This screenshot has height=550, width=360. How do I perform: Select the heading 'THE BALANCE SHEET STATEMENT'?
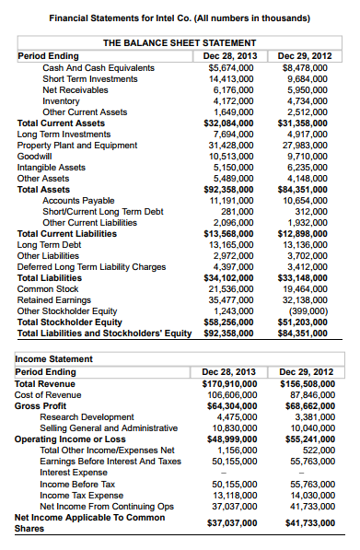[179, 43]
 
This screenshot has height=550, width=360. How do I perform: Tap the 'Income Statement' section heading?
[54, 357]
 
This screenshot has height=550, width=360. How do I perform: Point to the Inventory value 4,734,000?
[310, 100]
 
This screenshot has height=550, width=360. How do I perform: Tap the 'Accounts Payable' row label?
[78, 200]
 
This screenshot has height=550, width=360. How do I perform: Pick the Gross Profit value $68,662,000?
[309, 405]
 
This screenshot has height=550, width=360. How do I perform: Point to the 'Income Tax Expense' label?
[82, 494]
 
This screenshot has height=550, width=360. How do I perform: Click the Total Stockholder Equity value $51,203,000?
[309, 322]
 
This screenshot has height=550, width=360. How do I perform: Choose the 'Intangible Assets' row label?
[52, 167]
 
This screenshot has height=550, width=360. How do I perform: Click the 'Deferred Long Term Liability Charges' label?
[91, 266]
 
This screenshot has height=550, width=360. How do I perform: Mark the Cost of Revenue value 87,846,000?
[310, 394]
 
